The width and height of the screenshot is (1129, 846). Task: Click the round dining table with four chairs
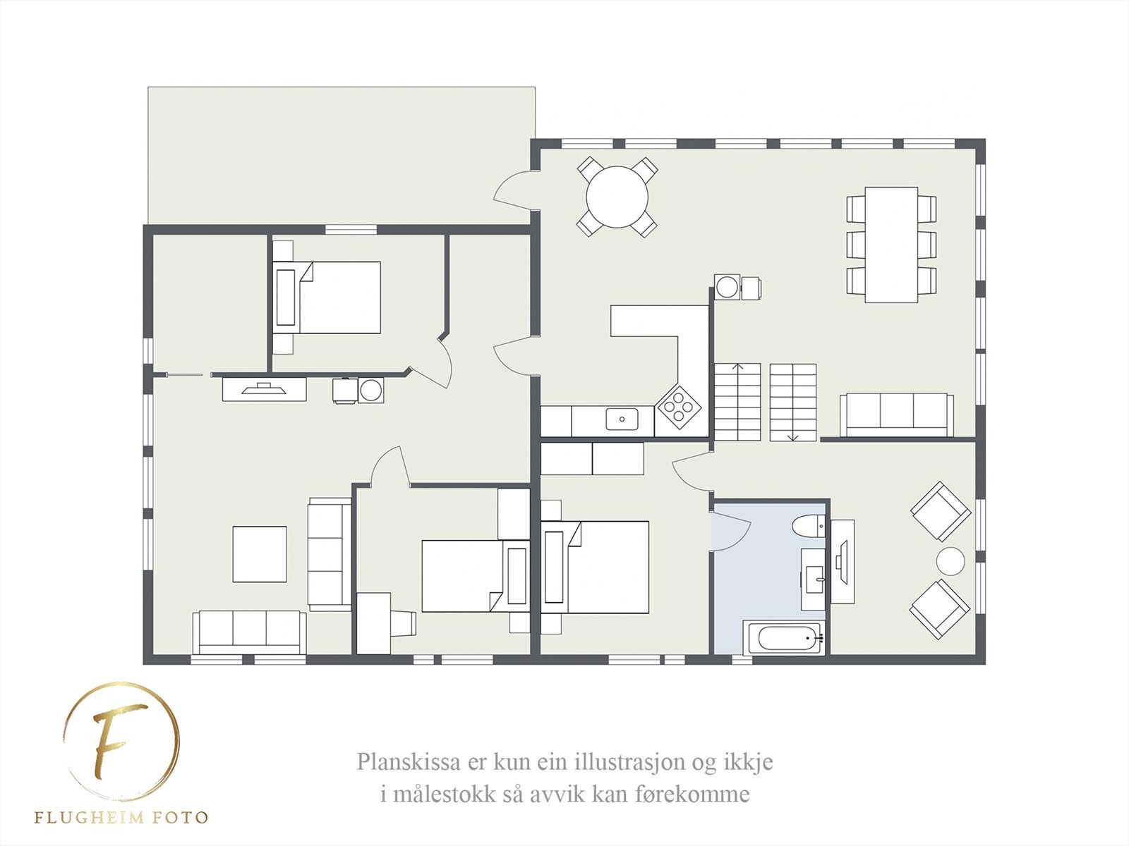[617, 196]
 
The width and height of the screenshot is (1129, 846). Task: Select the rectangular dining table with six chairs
[891, 244]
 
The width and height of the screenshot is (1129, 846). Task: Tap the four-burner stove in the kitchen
[679, 407]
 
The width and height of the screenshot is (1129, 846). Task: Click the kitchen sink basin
[622, 419]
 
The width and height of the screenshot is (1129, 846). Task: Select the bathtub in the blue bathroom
[783, 639]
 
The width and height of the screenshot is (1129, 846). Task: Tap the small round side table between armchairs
[950, 562]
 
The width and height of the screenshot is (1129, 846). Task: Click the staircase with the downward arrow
[792, 403]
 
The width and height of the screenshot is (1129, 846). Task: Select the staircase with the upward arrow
[738, 403]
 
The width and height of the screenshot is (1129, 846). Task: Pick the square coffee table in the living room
[260, 554]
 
